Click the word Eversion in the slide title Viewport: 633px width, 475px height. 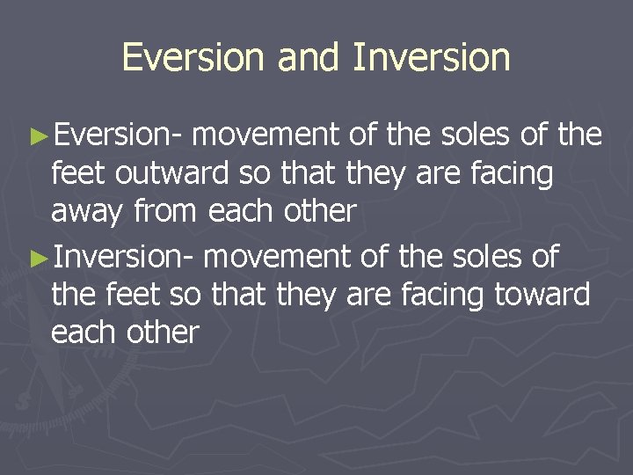pyautogui.click(x=194, y=57)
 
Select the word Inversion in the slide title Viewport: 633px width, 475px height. pyautogui.click(x=432, y=57)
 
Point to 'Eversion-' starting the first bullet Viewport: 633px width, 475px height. pyautogui.click(x=119, y=135)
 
